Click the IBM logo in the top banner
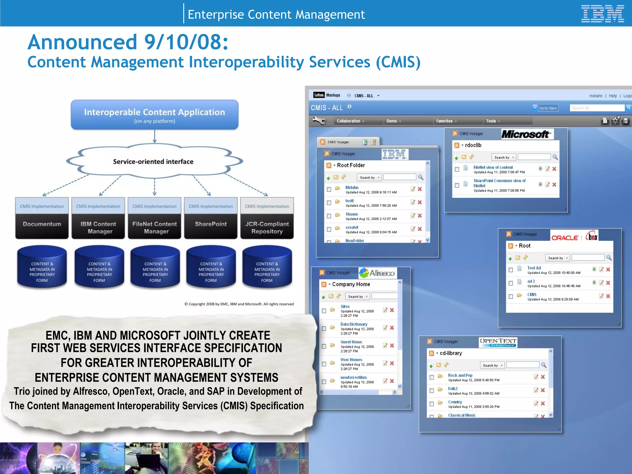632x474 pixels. pos(602,14)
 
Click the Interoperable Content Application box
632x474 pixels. pos(154,114)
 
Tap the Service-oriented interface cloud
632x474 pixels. pos(153,161)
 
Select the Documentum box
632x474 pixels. pos(42,224)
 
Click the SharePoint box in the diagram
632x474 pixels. pos(211,224)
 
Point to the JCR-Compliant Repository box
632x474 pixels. pos(267,227)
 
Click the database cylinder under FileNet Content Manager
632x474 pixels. pos(155,268)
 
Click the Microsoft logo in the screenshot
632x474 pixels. pos(526,134)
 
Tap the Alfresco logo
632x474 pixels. pos(378,273)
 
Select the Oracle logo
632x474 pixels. pos(565,238)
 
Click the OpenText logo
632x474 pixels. pos(498,342)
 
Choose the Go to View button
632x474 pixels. pos(548,108)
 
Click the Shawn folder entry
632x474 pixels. pos(351,214)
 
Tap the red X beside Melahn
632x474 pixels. pos(420,189)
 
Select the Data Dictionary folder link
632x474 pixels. pos(354,324)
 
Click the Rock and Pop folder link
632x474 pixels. pos(460,375)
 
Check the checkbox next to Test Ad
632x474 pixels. pos(511,270)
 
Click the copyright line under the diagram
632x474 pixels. pos(239,304)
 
